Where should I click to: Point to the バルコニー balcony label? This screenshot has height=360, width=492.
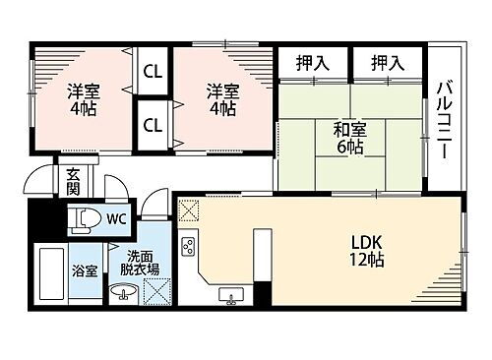(x=444, y=123)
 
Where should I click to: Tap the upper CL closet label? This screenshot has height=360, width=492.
(x=153, y=71)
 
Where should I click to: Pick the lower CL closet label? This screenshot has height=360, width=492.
(x=153, y=125)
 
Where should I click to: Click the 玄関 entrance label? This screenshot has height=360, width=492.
(x=74, y=182)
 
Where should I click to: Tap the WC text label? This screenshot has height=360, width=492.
(x=116, y=217)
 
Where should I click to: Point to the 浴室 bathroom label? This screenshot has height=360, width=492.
(x=84, y=270)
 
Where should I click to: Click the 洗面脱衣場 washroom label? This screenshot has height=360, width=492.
(x=139, y=261)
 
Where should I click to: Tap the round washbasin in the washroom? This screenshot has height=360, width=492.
(x=123, y=291)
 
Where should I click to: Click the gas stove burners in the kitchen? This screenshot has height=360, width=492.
(x=189, y=246)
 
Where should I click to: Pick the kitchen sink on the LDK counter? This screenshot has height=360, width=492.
(x=233, y=294)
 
